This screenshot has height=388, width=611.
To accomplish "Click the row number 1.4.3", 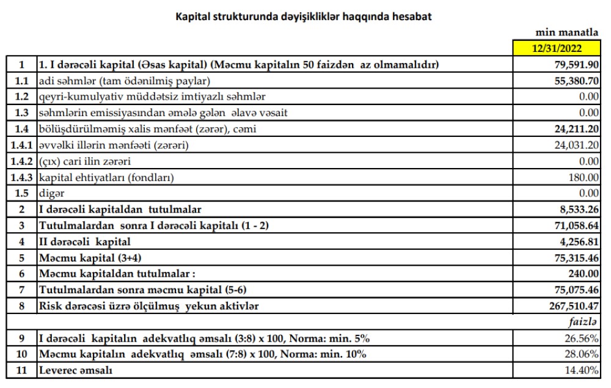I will pyautogui.click(x=21, y=178).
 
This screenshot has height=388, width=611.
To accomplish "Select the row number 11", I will pyautogui.click(x=21, y=370).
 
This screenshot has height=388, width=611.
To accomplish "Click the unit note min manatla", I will pyautogui.click(x=567, y=32).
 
